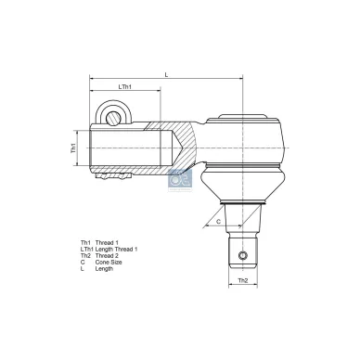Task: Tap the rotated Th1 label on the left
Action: point(73,148)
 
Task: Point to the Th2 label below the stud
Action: point(242,279)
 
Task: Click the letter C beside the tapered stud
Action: point(218,222)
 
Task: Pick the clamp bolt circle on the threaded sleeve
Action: point(114,116)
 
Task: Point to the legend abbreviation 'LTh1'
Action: point(87,250)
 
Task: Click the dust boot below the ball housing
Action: point(242,186)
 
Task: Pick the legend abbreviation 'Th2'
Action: point(85,256)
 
